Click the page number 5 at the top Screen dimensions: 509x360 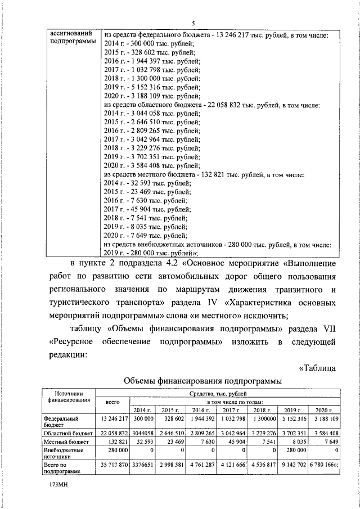pos(193,23)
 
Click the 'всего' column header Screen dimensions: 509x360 pos(113,403)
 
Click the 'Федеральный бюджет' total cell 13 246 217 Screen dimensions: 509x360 pos(114,419)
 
